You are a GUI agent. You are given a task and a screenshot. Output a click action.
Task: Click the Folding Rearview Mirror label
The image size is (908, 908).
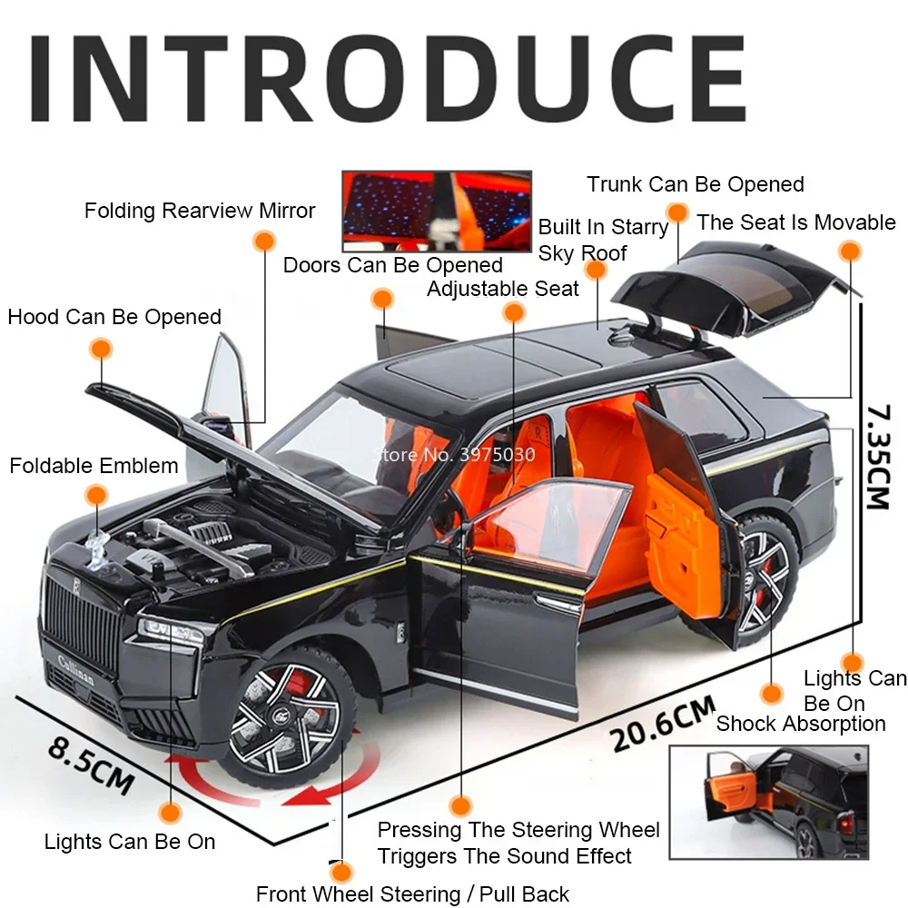199,211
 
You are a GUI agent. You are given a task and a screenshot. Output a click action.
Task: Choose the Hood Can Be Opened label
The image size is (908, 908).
114,317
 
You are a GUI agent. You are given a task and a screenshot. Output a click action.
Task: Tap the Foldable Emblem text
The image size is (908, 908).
94,466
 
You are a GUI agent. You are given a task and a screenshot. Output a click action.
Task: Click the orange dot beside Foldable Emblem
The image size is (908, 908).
96,495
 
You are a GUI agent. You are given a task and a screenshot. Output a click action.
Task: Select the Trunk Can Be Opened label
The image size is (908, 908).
695,184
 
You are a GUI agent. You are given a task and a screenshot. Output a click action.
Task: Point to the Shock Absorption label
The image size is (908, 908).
800,724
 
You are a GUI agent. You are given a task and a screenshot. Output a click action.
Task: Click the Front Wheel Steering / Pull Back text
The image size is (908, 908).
412,893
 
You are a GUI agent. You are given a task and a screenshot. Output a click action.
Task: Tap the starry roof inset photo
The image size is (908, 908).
437,211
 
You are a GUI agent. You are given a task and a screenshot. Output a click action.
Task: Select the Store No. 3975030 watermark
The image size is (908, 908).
454,454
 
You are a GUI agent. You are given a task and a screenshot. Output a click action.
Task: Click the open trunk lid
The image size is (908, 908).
735,286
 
